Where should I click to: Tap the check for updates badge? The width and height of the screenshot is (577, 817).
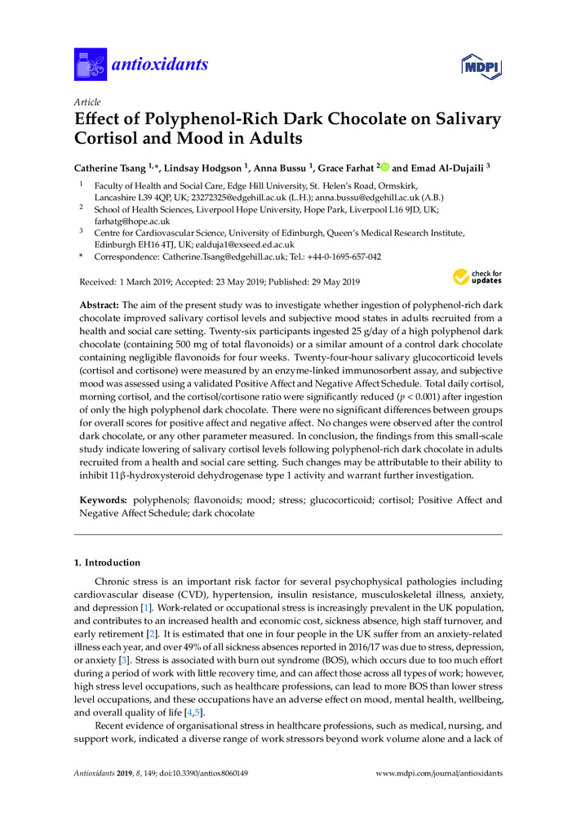(478, 278)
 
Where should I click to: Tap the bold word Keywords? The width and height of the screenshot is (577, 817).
(100, 499)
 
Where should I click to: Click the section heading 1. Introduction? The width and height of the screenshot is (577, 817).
(106, 563)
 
